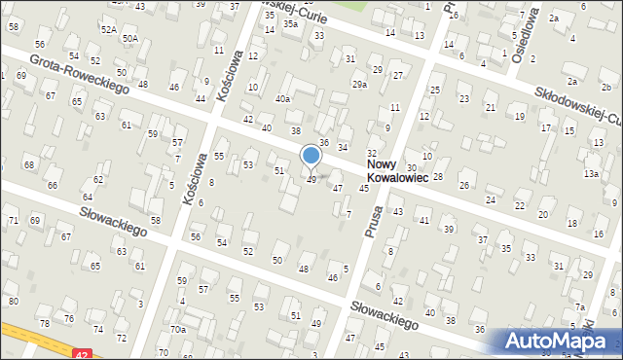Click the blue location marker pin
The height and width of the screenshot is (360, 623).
pos(311,156)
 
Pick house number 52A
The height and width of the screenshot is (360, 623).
pos(108,31)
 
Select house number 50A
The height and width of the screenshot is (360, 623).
pos(130,38)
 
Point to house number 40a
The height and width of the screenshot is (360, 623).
pos(282,98)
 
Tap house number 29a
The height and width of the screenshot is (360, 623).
pos(359,86)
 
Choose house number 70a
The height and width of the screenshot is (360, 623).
pos(178,330)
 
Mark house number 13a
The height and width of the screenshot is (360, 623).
pos(591,174)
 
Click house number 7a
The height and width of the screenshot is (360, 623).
pos(579,307)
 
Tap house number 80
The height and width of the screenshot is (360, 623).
pos(14,301)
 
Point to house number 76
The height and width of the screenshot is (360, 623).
pos(69,318)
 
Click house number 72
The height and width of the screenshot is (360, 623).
pos(122,338)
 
